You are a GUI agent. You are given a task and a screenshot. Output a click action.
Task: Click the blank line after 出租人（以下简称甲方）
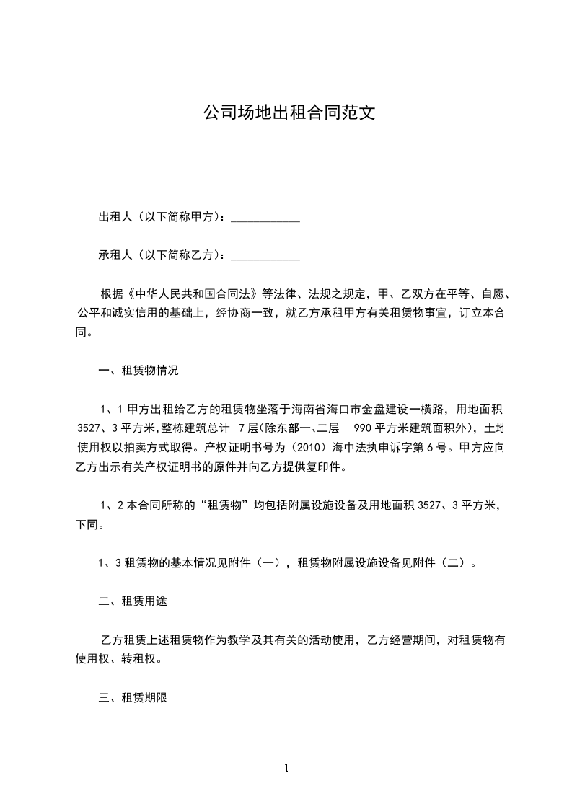[265, 217]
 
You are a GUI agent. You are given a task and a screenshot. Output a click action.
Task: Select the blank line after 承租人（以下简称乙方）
[265, 255]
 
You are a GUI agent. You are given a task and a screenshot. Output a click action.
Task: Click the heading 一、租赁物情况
[138, 371]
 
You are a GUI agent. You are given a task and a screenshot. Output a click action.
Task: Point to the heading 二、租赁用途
[133, 601]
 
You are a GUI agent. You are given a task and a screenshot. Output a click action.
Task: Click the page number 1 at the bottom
[286, 768]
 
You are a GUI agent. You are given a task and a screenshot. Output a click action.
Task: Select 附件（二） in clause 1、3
[441, 562]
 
